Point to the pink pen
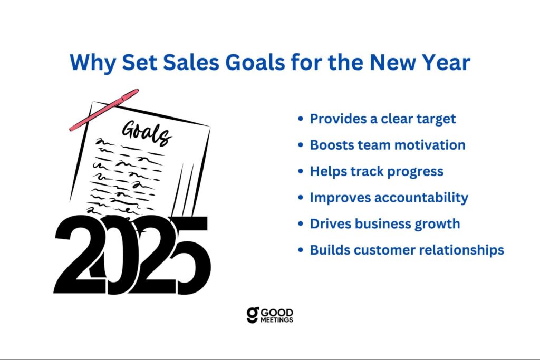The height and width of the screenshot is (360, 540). tap(104, 110)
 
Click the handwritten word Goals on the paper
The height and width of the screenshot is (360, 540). tap(147, 132)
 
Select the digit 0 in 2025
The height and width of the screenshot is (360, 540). tap(118, 255)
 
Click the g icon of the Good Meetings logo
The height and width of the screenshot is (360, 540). tap(253, 315)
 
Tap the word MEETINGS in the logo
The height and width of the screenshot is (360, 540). tap(276, 320)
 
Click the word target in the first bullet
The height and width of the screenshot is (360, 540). tap(436, 119)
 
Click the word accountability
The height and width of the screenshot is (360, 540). tap(421, 198)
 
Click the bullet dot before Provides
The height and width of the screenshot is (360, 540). tap(301, 119)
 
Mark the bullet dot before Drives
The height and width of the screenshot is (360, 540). tap(301, 223)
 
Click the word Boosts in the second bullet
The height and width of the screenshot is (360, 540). tap(332, 145)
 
